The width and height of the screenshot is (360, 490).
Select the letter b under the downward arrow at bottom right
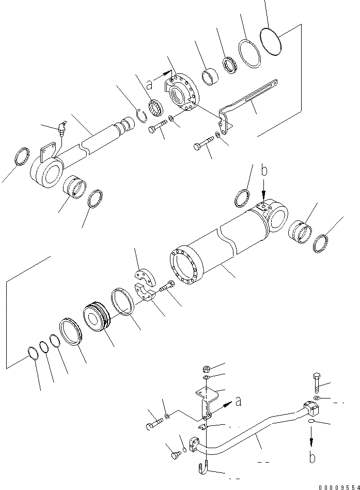pyautogui.click(x=312, y=457)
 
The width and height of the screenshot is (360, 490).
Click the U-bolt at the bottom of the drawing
pyautogui.click(x=205, y=468)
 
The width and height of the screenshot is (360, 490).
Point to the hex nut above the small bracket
pyautogui.click(x=205, y=370)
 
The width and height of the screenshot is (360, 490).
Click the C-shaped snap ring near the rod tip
pyautogui.click(x=143, y=117)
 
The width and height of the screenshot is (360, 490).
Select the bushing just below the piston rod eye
pyautogui.click(x=75, y=187)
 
